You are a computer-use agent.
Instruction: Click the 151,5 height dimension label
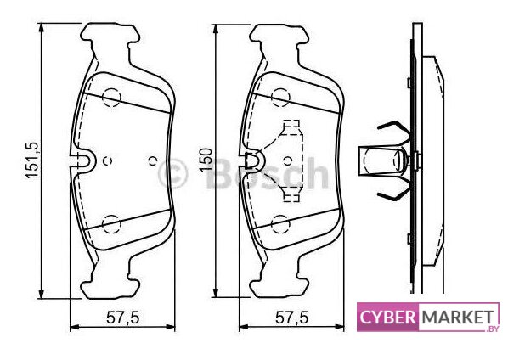(32, 160)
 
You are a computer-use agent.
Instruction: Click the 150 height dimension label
(206, 160)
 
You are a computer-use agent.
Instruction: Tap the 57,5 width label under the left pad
(123, 318)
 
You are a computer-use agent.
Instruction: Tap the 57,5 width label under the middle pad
(292, 318)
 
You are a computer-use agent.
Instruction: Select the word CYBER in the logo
(388, 317)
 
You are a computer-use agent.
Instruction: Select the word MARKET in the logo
(458, 317)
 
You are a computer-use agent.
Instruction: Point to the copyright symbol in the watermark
(172, 173)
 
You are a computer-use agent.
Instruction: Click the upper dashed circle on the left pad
(111, 97)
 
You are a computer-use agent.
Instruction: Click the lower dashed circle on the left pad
(111, 223)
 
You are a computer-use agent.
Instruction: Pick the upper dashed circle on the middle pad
(280, 97)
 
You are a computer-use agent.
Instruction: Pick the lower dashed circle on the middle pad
(280, 223)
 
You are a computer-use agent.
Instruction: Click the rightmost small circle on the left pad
(153, 161)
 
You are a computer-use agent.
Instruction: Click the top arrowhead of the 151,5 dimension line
(41, 27)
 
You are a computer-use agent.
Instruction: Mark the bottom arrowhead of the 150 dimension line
(215, 293)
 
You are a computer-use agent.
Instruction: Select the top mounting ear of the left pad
(110, 34)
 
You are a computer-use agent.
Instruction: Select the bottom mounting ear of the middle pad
(279, 286)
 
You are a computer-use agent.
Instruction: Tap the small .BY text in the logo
(492, 329)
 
